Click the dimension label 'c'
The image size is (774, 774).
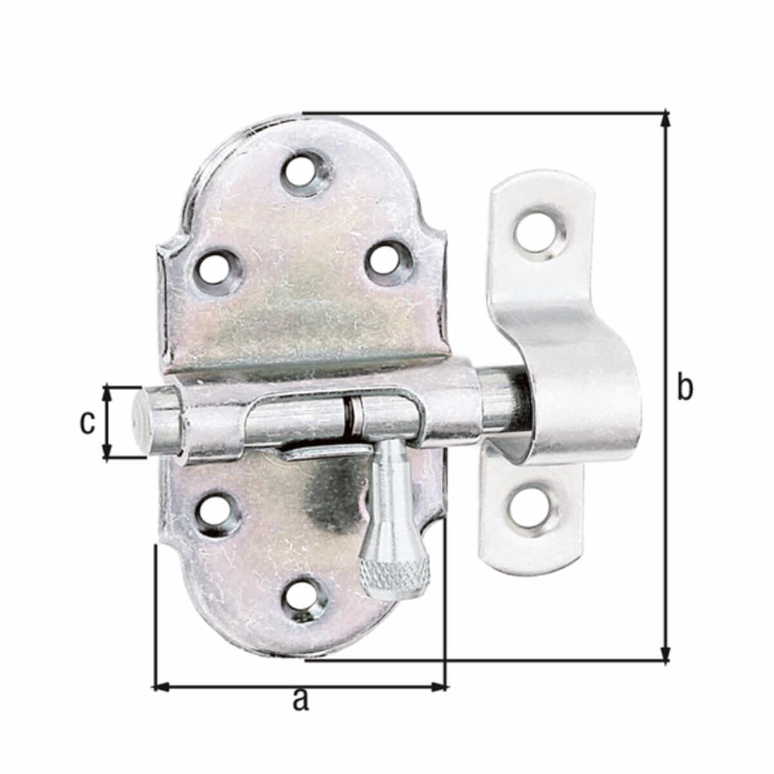coord(87,422)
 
